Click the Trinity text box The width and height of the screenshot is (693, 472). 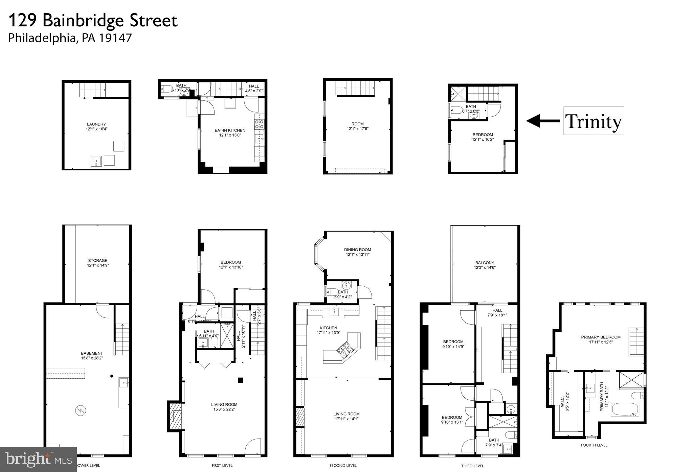[593, 121]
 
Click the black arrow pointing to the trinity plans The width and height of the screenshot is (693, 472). [543, 121]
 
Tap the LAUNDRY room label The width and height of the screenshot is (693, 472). [96, 124]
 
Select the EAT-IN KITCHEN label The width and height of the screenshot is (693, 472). [230, 130]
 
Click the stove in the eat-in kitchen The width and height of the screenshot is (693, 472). [259, 124]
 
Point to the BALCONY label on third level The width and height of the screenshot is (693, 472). [485, 262]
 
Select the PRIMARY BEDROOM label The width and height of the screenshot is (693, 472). [601, 337]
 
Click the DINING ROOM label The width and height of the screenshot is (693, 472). [357, 250]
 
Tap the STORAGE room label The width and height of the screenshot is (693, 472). [98, 260]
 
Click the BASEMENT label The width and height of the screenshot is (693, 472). [92, 353]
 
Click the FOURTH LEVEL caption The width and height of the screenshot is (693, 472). [594, 445]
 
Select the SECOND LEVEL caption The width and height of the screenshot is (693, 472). [343, 465]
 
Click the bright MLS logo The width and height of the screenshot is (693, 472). [38, 459]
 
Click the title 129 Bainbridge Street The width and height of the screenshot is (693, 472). [92, 21]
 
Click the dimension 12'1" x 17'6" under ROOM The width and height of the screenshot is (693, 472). [357, 129]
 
